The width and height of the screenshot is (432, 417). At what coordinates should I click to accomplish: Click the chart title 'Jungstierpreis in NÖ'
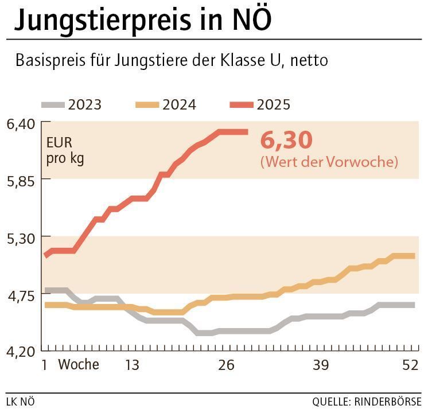tap(143, 20)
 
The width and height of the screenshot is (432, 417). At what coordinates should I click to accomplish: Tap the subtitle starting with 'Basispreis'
tap(172, 60)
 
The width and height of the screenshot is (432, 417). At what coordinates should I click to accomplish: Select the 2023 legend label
tap(84, 105)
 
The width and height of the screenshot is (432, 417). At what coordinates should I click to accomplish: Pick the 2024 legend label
tap(179, 105)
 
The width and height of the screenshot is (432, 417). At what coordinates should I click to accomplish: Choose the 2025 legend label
tap(274, 105)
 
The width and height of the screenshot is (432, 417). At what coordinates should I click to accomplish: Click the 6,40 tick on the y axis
tap(21, 123)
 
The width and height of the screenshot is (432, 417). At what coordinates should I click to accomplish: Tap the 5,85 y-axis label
tap(21, 180)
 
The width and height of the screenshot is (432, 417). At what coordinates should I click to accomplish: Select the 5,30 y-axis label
tap(21, 237)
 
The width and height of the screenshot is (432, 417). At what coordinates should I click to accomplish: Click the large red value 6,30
tap(286, 141)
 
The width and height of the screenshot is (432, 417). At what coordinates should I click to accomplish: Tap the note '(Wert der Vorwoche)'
tap(329, 162)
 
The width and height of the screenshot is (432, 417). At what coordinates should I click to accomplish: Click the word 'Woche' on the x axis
tap(79, 365)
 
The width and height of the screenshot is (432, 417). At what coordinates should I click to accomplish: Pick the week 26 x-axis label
tap(226, 365)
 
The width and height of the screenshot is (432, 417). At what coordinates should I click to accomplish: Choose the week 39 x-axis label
tap(320, 365)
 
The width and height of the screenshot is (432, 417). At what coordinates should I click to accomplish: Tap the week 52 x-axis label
tap(410, 365)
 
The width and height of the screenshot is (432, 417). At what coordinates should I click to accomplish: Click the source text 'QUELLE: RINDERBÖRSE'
tap(367, 402)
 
